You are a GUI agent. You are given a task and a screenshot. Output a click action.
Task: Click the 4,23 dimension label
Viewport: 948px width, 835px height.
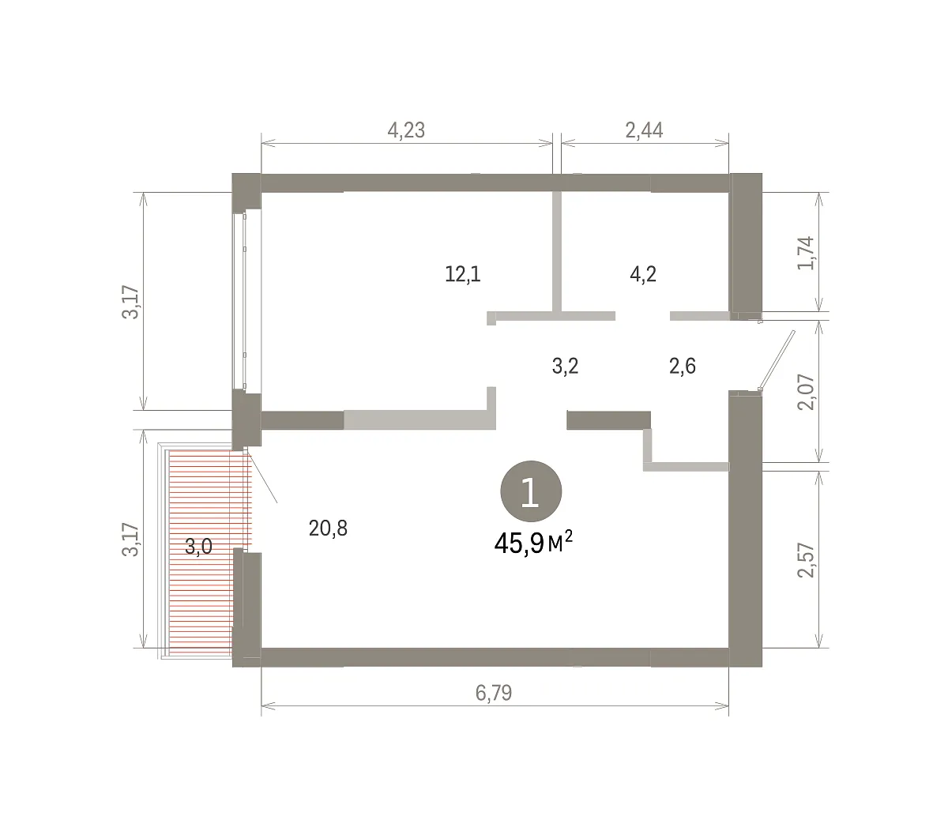pyautogui.click(x=406, y=130)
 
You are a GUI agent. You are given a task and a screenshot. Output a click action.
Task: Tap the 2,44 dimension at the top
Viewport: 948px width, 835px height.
pyautogui.click(x=644, y=130)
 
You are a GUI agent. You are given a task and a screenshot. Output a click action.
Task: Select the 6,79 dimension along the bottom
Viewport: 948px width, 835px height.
pyautogui.click(x=494, y=693)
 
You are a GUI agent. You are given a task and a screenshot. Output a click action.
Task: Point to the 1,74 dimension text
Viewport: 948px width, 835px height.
pyautogui.click(x=806, y=254)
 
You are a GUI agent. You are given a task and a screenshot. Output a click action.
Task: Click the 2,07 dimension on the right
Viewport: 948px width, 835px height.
pyautogui.click(x=806, y=393)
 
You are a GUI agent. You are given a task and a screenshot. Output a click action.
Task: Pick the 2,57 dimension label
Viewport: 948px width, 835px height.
pyautogui.click(x=806, y=560)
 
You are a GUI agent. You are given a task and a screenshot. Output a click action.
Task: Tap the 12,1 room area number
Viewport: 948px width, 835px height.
pyautogui.click(x=462, y=274)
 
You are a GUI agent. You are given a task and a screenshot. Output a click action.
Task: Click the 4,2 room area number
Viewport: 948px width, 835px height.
pyautogui.click(x=643, y=274)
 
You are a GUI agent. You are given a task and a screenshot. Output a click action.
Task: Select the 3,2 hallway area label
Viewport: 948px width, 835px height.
pyautogui.click(x=565, y=366)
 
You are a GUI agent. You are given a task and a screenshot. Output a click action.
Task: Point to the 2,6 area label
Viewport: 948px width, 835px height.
pyautogui.click(x=683, y=366)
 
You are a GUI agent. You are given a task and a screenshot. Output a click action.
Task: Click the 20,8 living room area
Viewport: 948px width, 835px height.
pyautogui.click(x=328, y=528)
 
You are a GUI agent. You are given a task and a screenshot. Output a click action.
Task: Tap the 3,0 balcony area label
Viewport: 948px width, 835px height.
pyautogui.click(x=198, y=546)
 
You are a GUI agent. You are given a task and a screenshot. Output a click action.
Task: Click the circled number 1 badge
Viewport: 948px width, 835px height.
pyautogui.click(x=531, y=491)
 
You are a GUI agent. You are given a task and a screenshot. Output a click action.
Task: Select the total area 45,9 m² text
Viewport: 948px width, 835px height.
pyautogui.click(x=533, y=543)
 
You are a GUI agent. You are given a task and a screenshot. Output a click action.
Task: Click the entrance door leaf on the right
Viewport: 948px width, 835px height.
pyautogui.click(x=777, y=360)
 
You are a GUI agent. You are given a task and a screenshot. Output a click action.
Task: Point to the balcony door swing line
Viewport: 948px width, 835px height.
pyautogui.click(x=261, y=476)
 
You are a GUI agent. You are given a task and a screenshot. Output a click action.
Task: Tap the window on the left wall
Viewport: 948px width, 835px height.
pyautogui.click(x=246, y=301)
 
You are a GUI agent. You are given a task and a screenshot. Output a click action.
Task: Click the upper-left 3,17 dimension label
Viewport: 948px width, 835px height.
pyautogui.click(x=130, y=302)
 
